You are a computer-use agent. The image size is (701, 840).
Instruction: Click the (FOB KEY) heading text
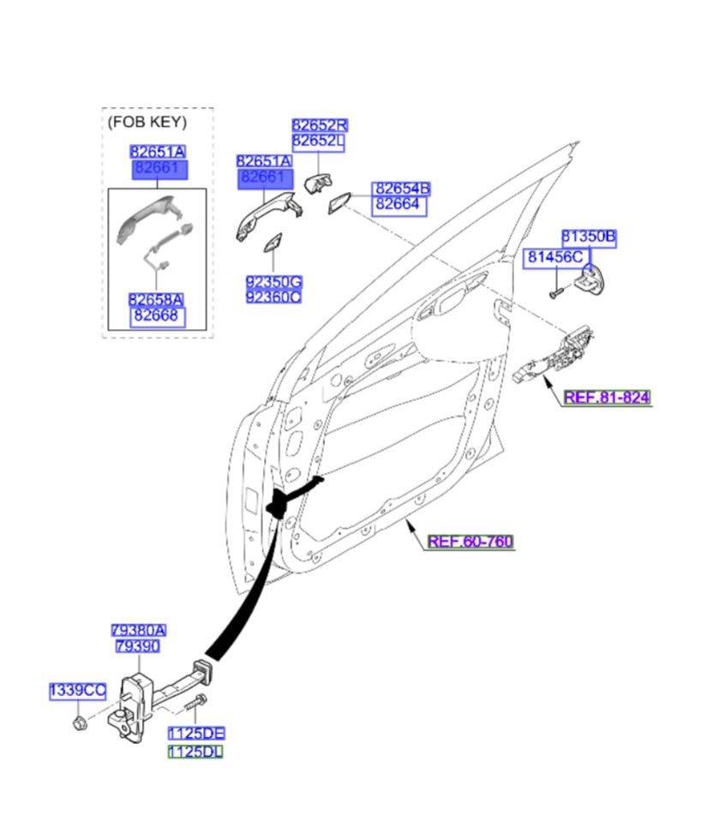pos(147,122)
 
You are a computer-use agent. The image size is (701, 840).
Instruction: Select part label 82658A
pos(156,300)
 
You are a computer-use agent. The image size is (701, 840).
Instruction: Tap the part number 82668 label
pos(156,317)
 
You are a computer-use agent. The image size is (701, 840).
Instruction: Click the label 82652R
pos(319,125)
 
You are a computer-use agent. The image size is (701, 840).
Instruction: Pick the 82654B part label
pos(401,189)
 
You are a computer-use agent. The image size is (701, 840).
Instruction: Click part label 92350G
pos(273,282)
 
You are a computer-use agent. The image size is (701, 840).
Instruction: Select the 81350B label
pos(589,236)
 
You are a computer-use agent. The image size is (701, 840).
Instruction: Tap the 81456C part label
pos(554,256)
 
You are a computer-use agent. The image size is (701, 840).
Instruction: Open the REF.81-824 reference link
pos(607,398)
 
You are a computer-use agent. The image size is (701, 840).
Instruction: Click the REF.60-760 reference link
pos(470,542)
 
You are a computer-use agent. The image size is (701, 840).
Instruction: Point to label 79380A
pos(138,630)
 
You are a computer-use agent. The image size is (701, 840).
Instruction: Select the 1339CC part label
pos(77,690)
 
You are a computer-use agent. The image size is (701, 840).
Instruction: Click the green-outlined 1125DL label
pos(195,752)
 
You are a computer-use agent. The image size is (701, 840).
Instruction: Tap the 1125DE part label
pos(195,734)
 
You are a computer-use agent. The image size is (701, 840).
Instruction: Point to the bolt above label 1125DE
pos(192,705)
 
